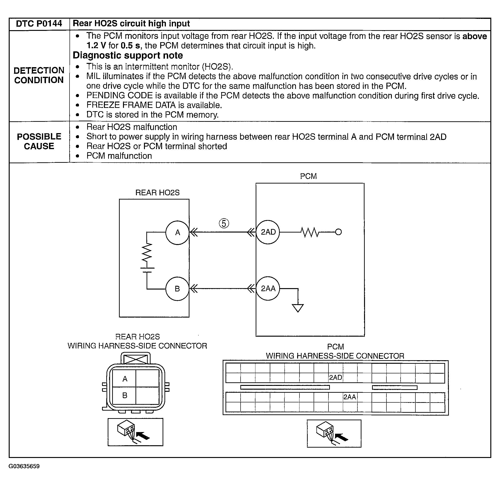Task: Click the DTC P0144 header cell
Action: point(39,24)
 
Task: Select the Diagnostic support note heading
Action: point(128,55)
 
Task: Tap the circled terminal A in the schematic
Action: point(177,233)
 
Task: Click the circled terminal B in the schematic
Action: point(177,289)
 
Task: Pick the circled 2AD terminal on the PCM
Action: point(268,232)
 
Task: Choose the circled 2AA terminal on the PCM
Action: point(268,288)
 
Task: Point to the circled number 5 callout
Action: point(224,223)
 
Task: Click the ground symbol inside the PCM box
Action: point(298,308)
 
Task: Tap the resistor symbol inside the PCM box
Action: point(310,232)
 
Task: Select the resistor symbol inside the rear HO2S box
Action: point(147,253)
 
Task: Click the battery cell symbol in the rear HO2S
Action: point(147,270)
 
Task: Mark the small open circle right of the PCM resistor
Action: point(338,232)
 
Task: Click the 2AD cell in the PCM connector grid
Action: point(335,378)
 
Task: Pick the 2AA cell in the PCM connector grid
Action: point(350,397)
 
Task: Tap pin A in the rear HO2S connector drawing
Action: point(125,379)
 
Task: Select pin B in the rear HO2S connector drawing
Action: point(125,395)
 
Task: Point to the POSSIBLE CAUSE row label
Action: point(39,141)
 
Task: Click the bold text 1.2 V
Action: point(96,46)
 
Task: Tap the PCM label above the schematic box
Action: point(308,176)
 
